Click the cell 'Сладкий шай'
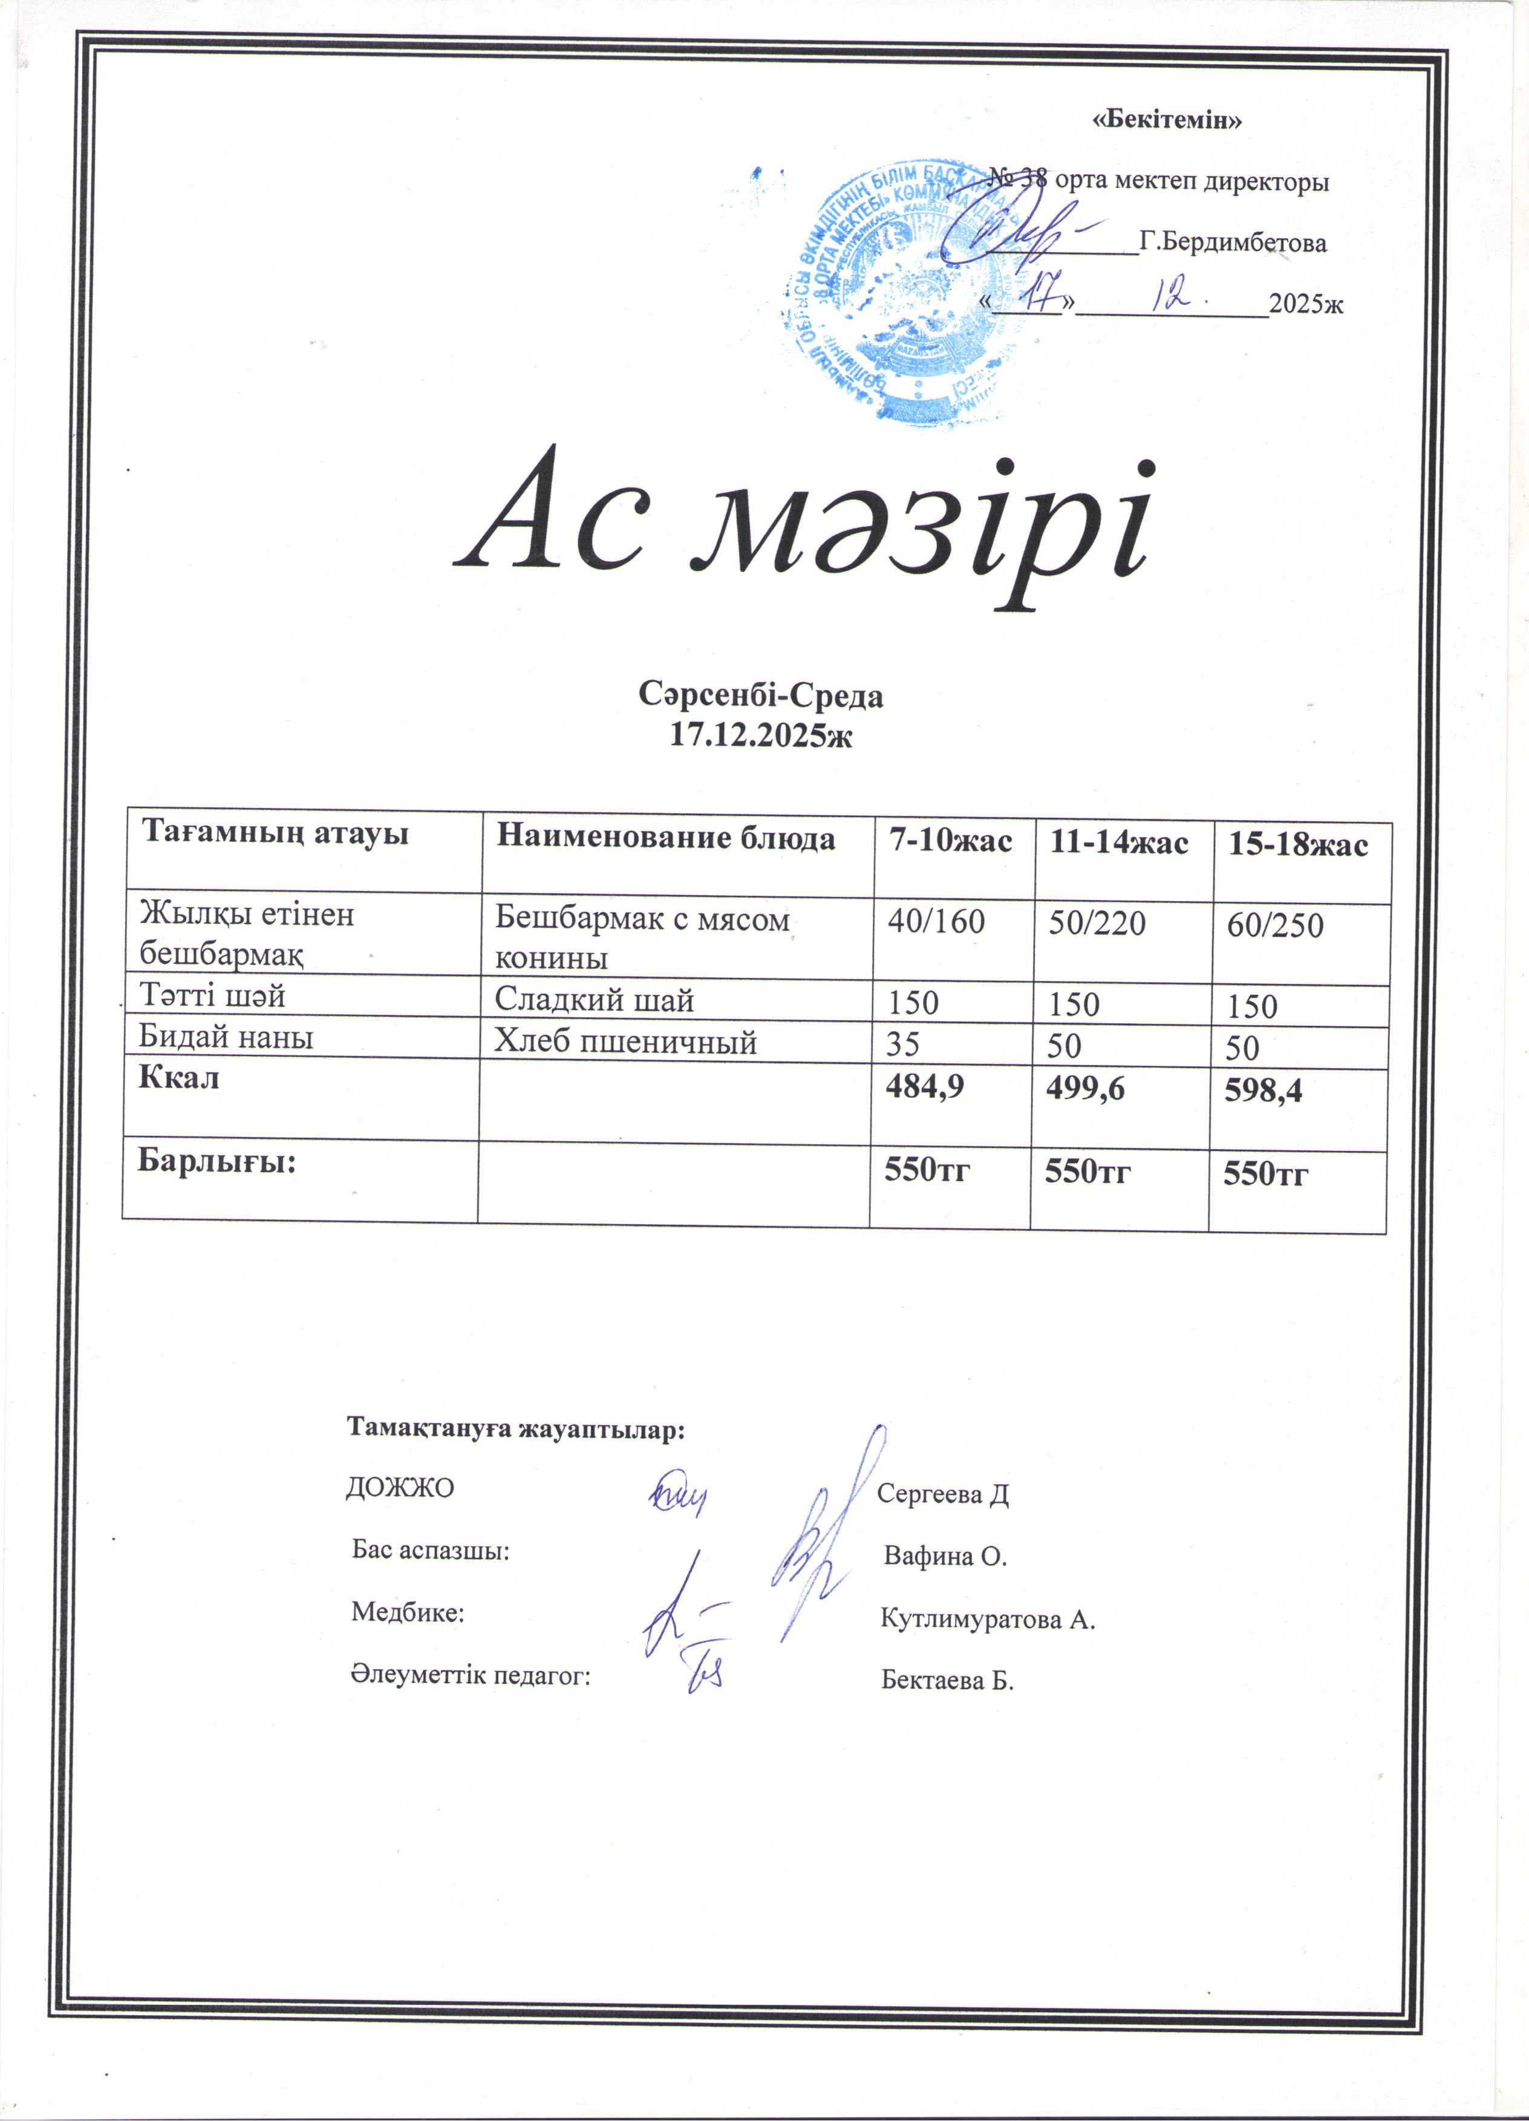(594, 1001)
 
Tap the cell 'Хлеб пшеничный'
(625, 1042)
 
